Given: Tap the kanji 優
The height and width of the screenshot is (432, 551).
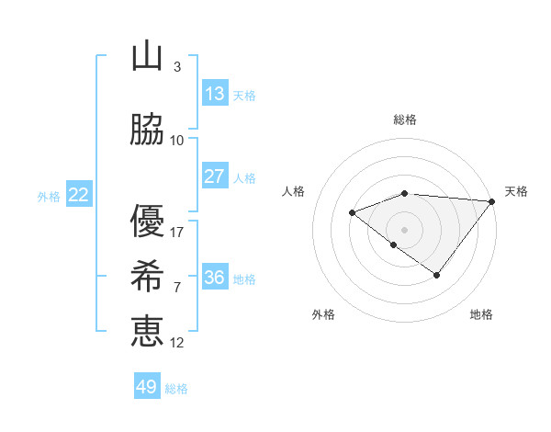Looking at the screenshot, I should pyautogui.click(x=147, y=221).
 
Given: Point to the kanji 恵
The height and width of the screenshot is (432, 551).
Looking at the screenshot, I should pyautogui.click(x=147, y=329).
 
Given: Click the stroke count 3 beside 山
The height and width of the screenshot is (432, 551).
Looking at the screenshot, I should pyautogui.click(x=177, y=67).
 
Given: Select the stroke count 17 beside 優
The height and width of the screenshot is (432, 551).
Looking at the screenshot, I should pyautogui.click(x=177, y=232).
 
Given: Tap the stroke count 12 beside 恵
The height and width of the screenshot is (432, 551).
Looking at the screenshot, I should pyautogui.click(x=177, y=342).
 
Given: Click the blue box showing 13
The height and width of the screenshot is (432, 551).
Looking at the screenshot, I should pyautogui.click(x=214, y=94).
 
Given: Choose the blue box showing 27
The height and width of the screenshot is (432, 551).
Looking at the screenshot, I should pyautogui.click(x=214, y=176).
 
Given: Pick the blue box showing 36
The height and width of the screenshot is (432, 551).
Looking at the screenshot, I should pyautogui.click(x=214, y=278).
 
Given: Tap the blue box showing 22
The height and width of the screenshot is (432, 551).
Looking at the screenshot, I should pyautogui.click(x=78, y=195).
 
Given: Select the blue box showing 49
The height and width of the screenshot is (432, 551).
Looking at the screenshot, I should pyautogui.click(x=147, y=387).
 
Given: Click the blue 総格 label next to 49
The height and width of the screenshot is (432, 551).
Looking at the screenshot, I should pyautogui.click(x=176, y=389).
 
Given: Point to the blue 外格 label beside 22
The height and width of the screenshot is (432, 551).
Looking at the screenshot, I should pyautogui.click(x=49, y=197).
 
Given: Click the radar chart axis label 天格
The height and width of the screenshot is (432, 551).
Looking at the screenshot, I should pyautogui.click(x=516, y=191).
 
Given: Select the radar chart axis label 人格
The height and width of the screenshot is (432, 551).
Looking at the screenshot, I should pyautogui.click(x=294, y=191).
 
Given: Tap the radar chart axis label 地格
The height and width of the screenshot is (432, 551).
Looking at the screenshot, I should pyautogui.click(x=481, y=315).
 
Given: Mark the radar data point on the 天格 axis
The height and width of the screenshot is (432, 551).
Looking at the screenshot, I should pyautogui.click(x=493, y=201).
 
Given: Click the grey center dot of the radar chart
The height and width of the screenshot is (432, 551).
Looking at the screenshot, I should pyautogui.click(x=404, y=229).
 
